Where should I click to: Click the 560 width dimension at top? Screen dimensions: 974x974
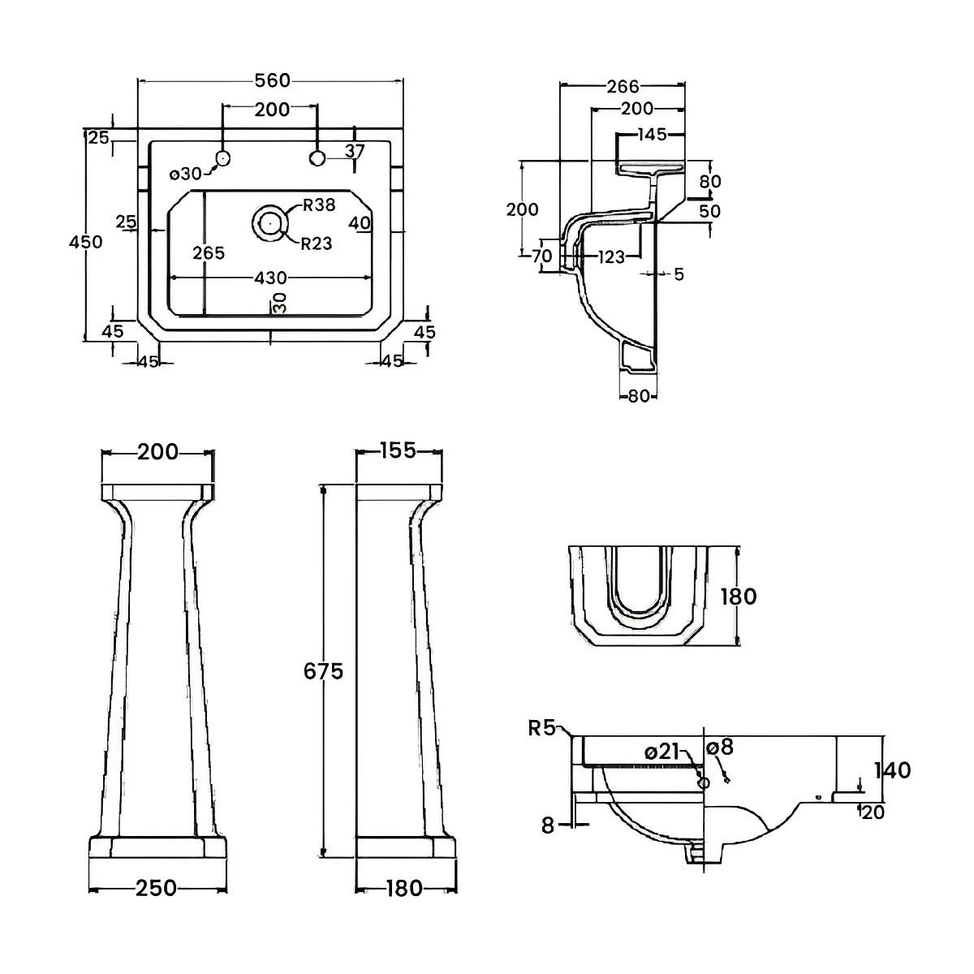(272, 80)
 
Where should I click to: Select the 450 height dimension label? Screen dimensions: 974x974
(86, 242)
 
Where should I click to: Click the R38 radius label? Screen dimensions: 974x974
(318, 205)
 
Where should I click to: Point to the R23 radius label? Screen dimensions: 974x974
(317, 243)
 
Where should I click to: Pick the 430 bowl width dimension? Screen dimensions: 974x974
(270, 278)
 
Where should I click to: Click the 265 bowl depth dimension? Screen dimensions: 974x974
(208, 253)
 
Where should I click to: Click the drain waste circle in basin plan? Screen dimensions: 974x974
(269, 221)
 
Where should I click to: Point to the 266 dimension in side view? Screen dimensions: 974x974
(623, 86)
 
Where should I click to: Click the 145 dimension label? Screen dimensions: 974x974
(652, 135)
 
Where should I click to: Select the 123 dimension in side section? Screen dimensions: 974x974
(610, 257)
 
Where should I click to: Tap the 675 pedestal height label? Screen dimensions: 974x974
(324, 671)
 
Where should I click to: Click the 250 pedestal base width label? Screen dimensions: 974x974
(156, 889)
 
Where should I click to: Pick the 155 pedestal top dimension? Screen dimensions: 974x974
(398, 450)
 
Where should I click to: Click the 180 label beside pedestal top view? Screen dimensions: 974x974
(738, 597)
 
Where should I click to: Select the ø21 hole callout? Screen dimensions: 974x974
(662, 752)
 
